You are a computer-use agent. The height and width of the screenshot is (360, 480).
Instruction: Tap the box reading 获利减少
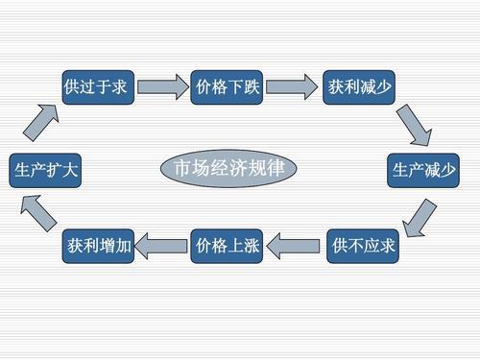click(x=358, y=86)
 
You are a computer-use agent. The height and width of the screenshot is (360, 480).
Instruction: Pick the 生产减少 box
click(x=423, y=170)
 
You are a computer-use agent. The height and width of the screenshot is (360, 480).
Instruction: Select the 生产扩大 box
click(x=43, y=170)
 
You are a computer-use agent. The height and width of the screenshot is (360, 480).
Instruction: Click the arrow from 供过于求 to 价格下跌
click(x=160, y=86)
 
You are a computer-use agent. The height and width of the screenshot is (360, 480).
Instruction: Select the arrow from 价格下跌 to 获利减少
click(x=292, y=86)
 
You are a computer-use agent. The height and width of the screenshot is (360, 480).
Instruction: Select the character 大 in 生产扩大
click(x=70, y=170)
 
